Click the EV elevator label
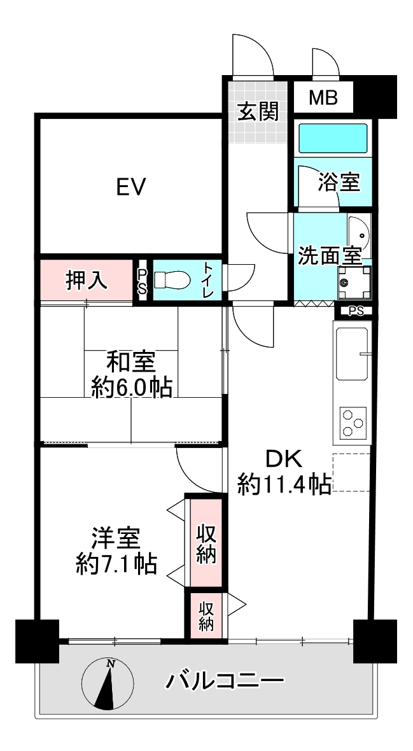(131, 186)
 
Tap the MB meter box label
(323, 98)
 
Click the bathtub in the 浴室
(333, 137)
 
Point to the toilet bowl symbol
(172, 279)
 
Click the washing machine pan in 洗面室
(354, 282)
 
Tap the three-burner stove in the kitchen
(353, 423)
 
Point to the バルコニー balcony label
(225, 680)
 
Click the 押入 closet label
(87, 280)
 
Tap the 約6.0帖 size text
(131, 388)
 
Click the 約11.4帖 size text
(285, 485)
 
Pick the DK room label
(284, 460)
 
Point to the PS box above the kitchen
(356, 311)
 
